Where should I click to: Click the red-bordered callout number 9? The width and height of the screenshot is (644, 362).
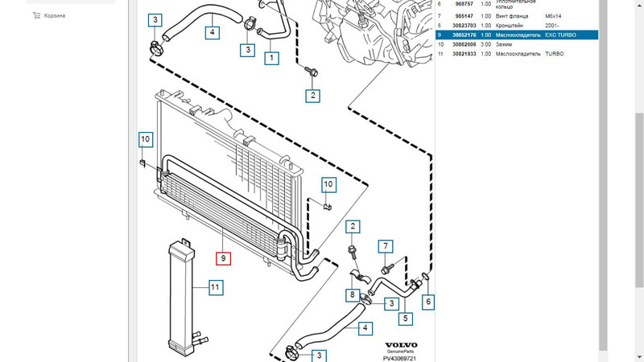point(223,258)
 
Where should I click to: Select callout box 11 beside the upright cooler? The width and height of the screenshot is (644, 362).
point(215,286)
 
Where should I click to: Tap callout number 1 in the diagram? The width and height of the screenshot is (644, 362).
point(272,58)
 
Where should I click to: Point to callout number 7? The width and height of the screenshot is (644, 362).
point(386,246)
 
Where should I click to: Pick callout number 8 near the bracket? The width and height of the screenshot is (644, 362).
point(352,295)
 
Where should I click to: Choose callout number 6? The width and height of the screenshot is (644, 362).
point(428,302)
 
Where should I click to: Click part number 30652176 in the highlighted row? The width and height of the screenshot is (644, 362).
point(461,35)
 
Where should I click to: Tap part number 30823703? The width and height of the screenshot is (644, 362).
point(461,25)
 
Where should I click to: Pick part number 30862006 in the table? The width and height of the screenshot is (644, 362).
point(461,44)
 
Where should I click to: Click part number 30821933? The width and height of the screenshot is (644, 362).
point(461,54)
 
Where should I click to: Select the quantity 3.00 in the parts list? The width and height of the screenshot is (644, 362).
point(486,44)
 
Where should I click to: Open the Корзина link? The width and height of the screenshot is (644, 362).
point(55,15)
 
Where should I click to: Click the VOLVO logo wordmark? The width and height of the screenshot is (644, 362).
point(400,345)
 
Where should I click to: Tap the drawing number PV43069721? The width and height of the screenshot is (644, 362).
point(400,358)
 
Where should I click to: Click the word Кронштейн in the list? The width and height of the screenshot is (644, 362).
point(512,25)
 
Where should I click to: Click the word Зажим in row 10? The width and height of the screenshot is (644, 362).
point(504,44)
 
